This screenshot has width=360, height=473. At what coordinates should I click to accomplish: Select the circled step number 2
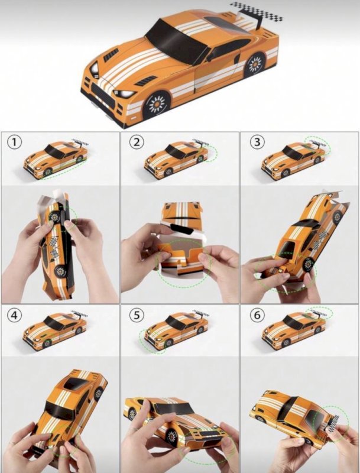[x=137, y=142]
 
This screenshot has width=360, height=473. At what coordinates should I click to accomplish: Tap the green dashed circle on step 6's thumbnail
[x=320, y=313]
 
